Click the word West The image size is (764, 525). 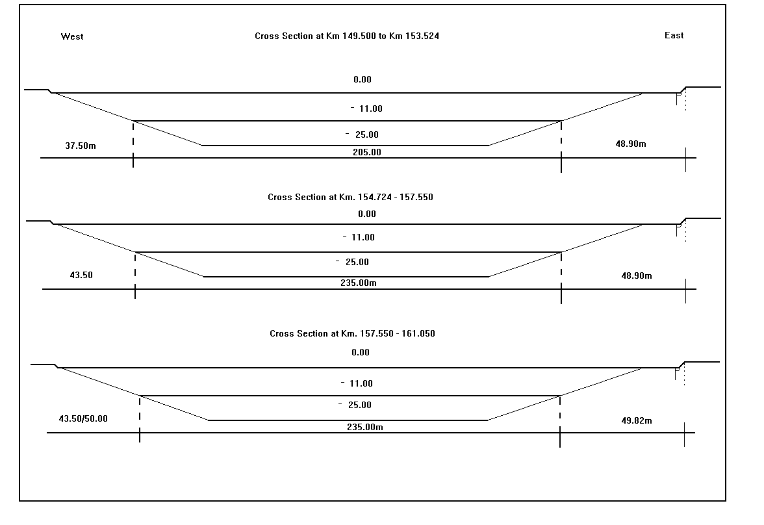[x=72, y=36]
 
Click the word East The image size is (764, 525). [x=674, y=35]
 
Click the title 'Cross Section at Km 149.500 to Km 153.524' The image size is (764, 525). [x=347, y=36]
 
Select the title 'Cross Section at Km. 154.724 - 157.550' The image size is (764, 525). [x=350, y=197]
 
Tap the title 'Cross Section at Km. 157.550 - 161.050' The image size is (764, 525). [x=352, y=333]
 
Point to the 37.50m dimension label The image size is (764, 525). [x=81, y=146]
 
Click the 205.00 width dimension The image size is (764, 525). [x=367, y=152]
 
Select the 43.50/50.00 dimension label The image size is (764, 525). [x=83, y=418]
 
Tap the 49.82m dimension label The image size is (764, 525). [x=637, y=420]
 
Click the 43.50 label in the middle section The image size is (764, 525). [x=81, y=275]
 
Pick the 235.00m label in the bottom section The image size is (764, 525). [x=365, y=427]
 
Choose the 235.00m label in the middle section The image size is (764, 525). [x=359, y=283]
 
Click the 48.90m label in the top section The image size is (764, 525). [x=630, y=144]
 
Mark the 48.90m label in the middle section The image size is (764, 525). [x=637, y=276]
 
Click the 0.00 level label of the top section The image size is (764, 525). [x=363, y=79]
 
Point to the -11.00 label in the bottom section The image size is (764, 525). [x=357, y=383]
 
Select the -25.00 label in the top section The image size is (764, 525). [x=361, y=134]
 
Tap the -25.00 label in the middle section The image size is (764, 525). [x=352, y=262]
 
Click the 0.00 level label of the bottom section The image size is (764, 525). [x=361, y=352]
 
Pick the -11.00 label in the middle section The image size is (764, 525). [x=359, y=237]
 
